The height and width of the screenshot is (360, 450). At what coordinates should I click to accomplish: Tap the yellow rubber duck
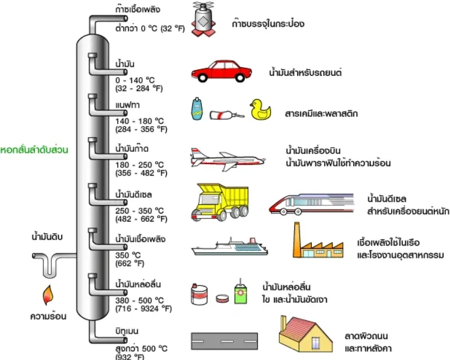pos(261,110)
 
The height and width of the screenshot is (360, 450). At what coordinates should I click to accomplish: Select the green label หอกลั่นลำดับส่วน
pos(35,150)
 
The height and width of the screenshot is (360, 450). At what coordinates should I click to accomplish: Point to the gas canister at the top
pos(204,20)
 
